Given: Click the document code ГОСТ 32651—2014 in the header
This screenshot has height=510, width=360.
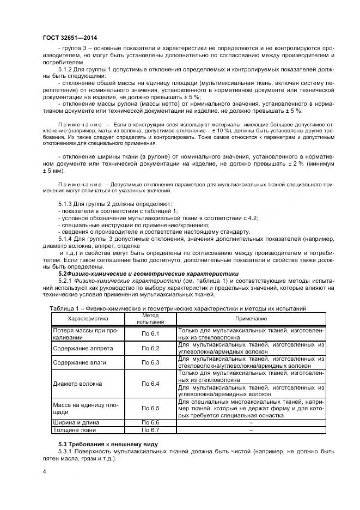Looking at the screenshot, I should tap(70, 38).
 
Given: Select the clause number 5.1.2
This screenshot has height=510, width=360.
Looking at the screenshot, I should tap(66, 69).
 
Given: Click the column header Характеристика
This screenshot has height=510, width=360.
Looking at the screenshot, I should tap(88, 319).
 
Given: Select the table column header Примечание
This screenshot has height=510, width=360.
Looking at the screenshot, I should tap(251, 319).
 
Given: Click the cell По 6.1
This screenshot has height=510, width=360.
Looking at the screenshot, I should tap(150, 333).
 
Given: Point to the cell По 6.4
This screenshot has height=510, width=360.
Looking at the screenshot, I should tap(150, 384).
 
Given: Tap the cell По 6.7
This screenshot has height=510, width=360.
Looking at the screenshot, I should tap(150, 430).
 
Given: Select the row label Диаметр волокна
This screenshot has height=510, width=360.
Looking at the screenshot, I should tap(77, 384).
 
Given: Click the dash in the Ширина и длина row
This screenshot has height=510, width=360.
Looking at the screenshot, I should tap(251, 422).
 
